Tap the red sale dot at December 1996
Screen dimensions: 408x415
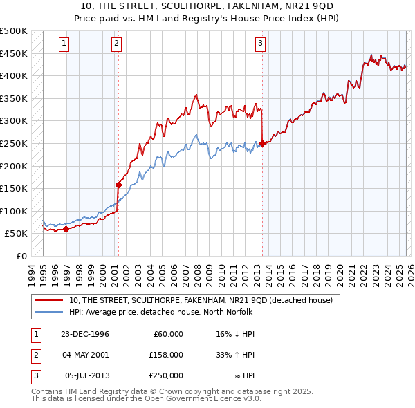66,230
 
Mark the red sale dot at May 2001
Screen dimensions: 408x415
118,185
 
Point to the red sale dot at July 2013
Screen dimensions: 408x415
263,144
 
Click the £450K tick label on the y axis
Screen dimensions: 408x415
14,53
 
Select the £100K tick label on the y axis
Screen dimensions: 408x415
14,211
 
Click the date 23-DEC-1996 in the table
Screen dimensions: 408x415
85,334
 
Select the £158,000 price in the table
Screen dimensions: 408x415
166,355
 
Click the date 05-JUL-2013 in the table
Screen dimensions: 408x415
86,375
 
